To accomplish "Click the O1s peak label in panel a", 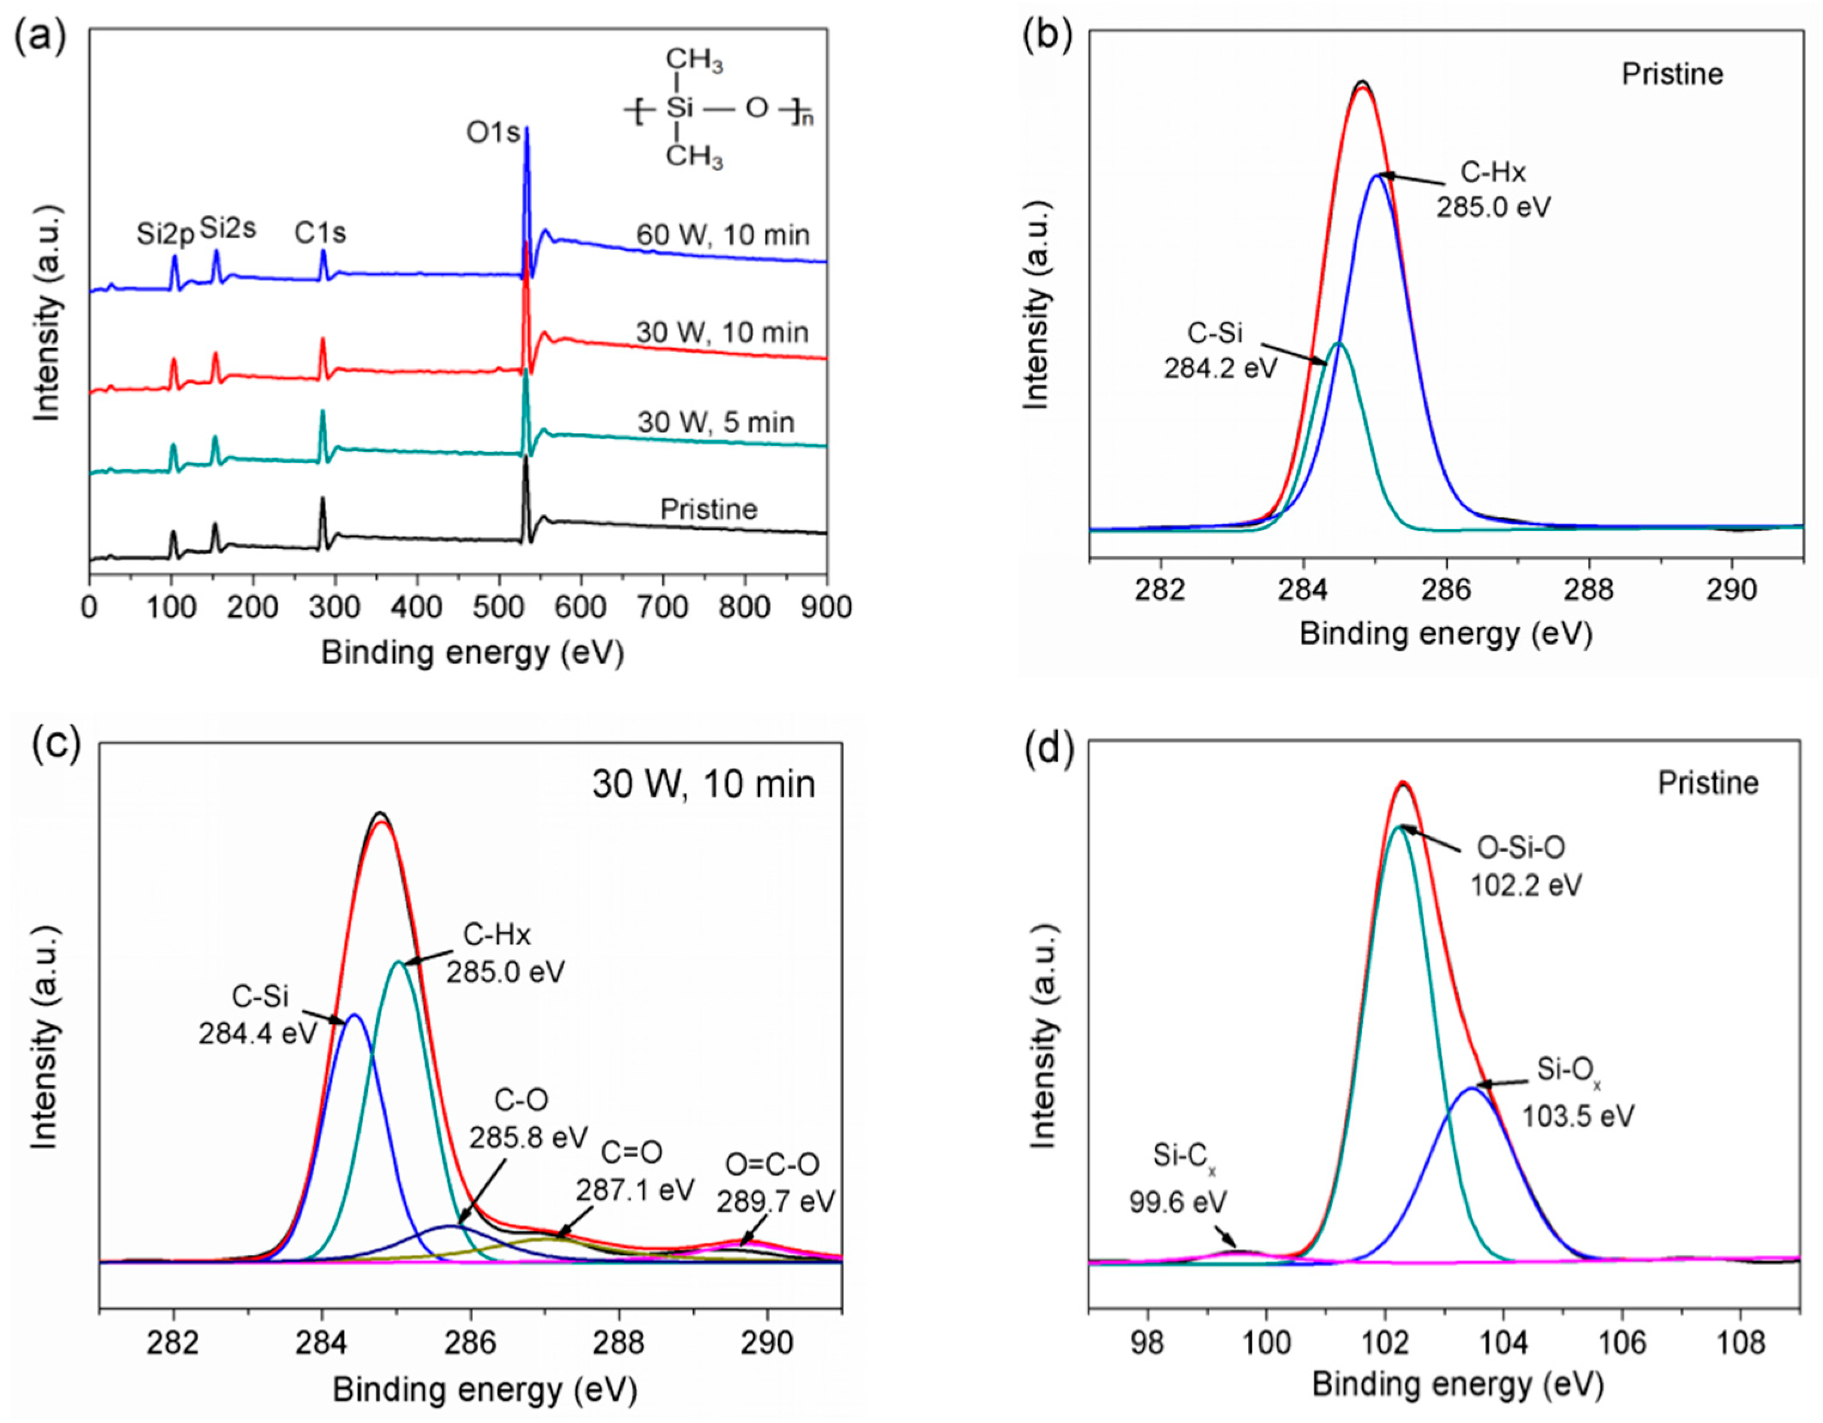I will (492, 132).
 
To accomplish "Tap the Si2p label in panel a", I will (165, 234).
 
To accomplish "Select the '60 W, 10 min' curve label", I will (723, 234).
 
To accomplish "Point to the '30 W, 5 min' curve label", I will (716, 422).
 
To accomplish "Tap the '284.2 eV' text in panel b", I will (1220, 367).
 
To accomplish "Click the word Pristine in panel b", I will (1672, 74).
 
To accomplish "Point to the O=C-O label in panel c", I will (772, 1164).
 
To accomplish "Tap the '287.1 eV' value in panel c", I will (635, 1189).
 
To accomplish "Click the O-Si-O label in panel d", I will (1521, 848).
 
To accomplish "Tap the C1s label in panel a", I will (320, 233).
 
